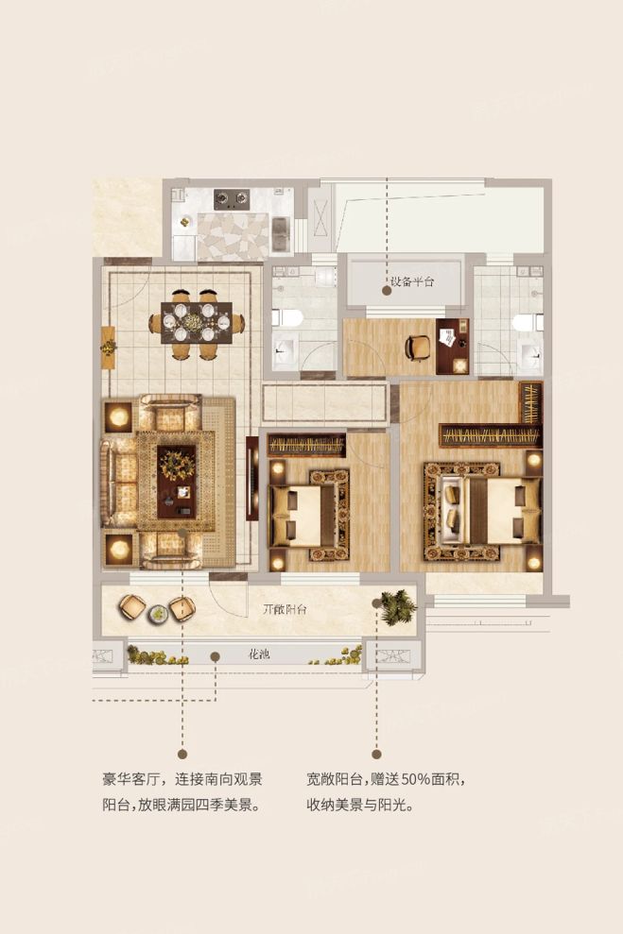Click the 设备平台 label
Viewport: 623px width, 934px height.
412,281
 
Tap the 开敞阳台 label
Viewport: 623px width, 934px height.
285,609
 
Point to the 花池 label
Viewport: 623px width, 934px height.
259,654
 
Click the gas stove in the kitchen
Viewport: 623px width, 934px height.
232,198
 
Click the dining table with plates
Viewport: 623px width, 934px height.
197,322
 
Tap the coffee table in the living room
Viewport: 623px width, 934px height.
177,482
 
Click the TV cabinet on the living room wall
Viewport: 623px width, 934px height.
252,478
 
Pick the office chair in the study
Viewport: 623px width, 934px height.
418,348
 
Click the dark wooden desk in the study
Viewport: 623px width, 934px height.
453,347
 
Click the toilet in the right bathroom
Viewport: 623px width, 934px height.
528,322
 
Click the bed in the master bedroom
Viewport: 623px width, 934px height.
483,512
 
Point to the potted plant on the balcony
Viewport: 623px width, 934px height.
398,607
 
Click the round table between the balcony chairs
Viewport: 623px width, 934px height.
159,613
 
